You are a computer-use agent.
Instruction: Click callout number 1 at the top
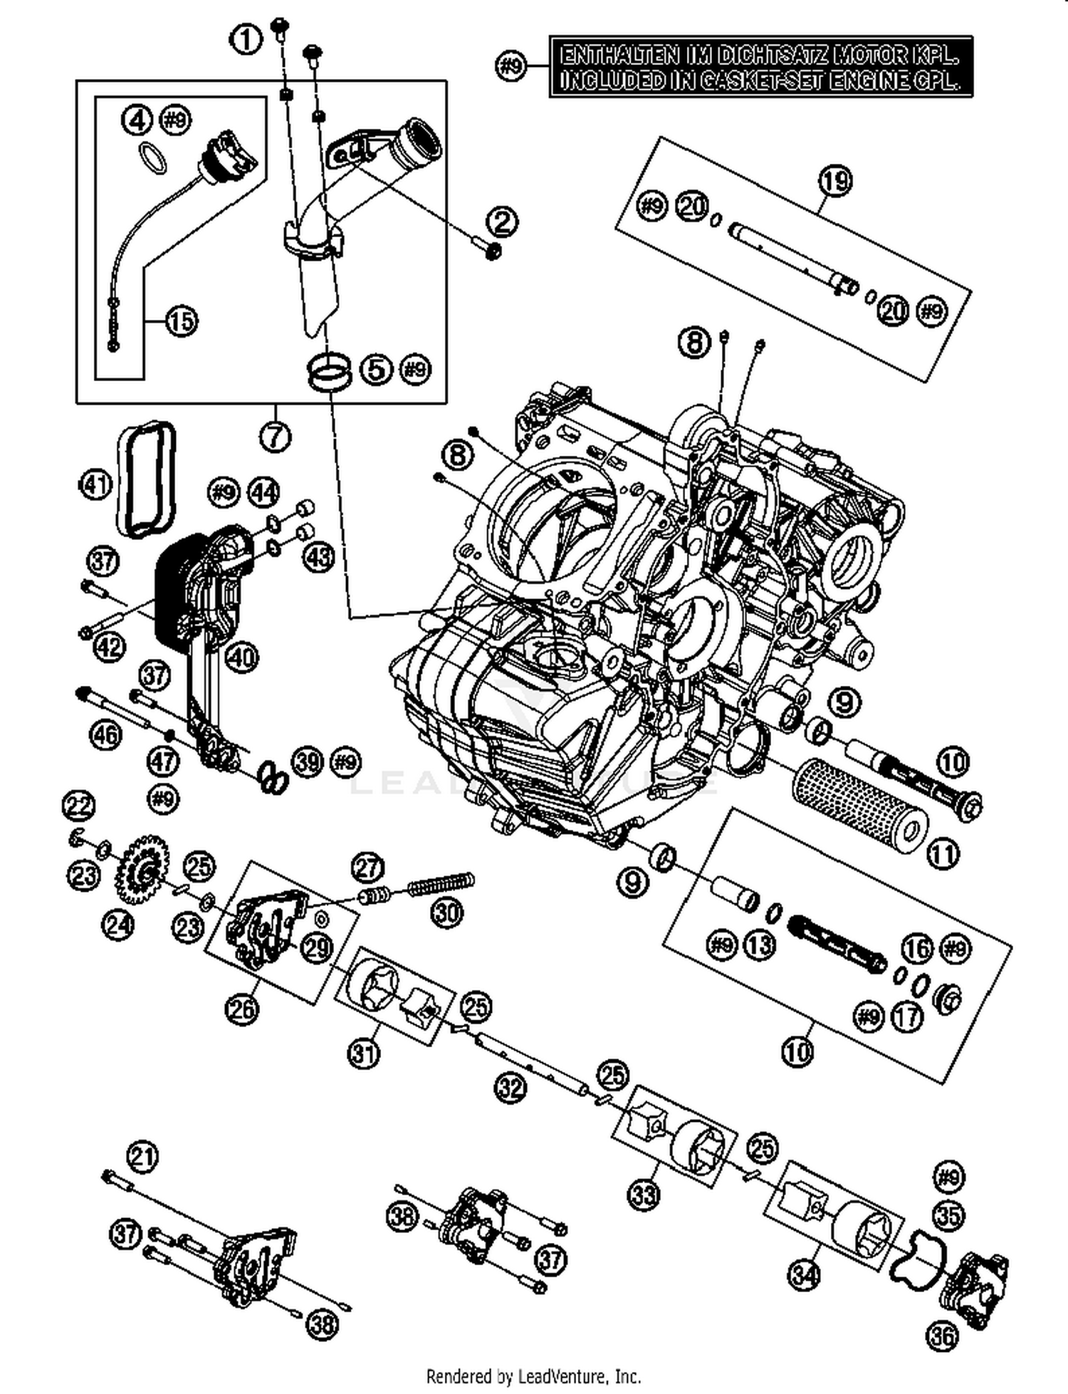tap(246, 39)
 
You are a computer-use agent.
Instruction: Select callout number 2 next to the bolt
tap(503, 223)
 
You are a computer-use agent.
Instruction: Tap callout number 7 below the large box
tap(276, 436)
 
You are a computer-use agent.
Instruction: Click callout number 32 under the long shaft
tap(511, 1088)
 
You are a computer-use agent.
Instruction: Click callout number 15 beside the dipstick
tap(181, 321)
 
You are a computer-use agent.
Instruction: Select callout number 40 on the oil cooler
tap(242, 657)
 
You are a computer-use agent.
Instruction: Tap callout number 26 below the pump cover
tap(242, 1008)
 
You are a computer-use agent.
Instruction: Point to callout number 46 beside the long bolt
tap(105, 733)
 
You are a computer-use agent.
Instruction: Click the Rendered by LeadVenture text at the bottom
tap(533, 1375)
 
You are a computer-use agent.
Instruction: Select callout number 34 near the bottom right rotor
tap(805, 1274)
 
